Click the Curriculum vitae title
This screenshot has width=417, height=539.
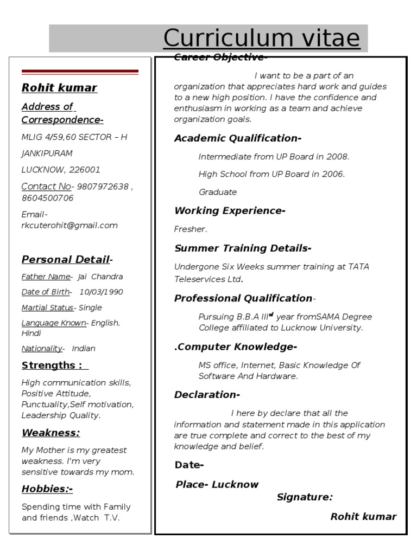click(x=261, y=39)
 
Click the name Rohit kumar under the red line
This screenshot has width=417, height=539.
click(x=59, y=88)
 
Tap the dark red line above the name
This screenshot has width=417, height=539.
click(x=80, y=72)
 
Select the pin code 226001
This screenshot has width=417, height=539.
click(x=85, y=170)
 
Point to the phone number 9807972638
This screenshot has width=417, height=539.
click(x=103, y=187)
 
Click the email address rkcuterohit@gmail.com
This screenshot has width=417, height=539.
click(x=69, y=226)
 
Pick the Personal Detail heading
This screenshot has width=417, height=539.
click(x=66, y=260)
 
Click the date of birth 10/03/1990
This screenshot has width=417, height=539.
click(x=101, y=292)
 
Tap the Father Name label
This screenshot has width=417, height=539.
click(x=46, y=277)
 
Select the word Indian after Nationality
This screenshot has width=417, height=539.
click(x=84, y=349)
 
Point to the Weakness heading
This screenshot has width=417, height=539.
click(x=50, y=433)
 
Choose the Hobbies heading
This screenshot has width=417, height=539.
click(x=47, y=489)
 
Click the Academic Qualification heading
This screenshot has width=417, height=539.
click(x=237, y=138)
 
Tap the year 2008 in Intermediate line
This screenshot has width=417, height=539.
click(x=337, y=157)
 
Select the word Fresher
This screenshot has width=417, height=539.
click(x=190, y=229)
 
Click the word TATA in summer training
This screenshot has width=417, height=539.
click(x=358, y=267)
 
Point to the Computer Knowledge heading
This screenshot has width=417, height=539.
click(x=236, y=347)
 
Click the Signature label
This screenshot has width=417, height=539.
click(x=305, y=497)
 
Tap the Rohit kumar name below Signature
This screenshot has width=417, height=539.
click(x=363, y=517)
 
